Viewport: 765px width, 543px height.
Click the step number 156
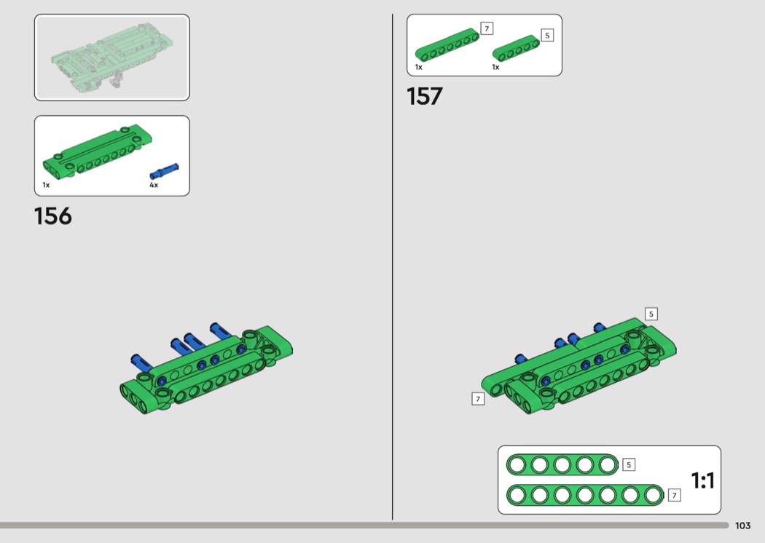tap(52, 216)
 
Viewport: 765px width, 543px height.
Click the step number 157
tap(425, 96)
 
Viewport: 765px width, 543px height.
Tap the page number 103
tap(742, 526)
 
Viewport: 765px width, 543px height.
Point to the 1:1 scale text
tap(703, 480)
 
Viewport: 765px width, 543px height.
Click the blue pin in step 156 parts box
tap(164, 172)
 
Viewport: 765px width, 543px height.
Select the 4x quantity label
tap(154, 185)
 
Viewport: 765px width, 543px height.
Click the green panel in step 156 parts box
tap(98, 151)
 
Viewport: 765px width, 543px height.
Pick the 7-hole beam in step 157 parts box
tap(447, 45)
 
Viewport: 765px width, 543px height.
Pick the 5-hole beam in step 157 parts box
tap(516, 48)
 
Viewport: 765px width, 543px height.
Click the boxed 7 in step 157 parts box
tap(487, 29)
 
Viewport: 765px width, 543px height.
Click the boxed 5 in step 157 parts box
tap(547, 35)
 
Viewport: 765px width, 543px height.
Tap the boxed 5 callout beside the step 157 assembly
tap(651, 314)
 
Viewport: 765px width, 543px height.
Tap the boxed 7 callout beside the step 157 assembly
tap(478, 399)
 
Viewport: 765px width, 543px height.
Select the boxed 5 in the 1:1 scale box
tap(628, 464)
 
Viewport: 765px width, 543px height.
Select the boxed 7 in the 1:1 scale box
tap(674, 495)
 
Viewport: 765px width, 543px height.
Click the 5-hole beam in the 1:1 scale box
tap(562, 464)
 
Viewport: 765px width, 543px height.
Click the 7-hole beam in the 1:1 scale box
tap(585, 495)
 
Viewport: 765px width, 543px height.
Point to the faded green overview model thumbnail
tap(111, 58)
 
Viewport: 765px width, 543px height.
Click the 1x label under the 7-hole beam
tap(419, 67)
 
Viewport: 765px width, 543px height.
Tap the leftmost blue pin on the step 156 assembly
tap(141, 363)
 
